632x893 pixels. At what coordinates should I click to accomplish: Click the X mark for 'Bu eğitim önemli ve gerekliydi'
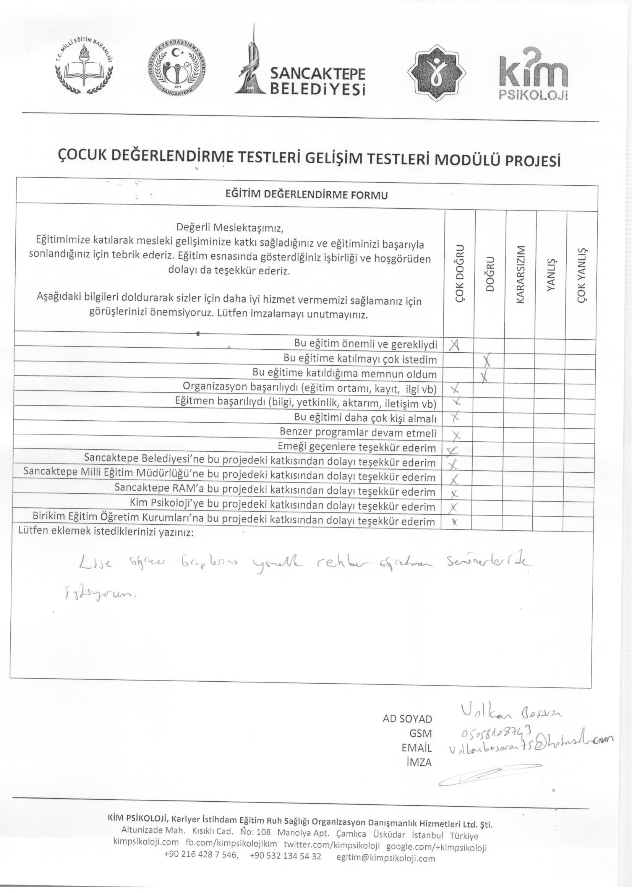(455, 345)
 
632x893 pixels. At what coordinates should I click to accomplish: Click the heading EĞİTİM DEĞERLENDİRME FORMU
(307, 194)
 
